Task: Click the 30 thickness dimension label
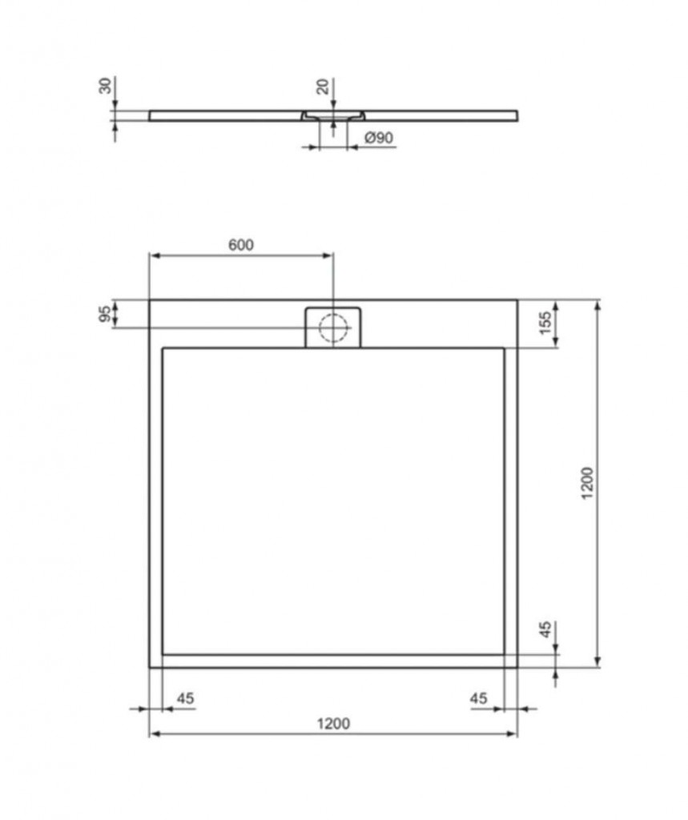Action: tap(105, 85)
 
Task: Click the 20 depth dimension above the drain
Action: tap(324, 86)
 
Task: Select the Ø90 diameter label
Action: tap(379, 138)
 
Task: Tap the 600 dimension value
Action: tap(240, 245)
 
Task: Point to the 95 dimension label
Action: tap(105, 314)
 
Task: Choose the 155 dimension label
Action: tap(545, 324)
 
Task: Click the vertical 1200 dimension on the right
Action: tap(588, 483)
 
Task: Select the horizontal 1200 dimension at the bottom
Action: tap(334, 724)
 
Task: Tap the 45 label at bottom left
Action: tap(185, 698)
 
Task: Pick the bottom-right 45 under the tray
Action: tap(478, 698)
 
